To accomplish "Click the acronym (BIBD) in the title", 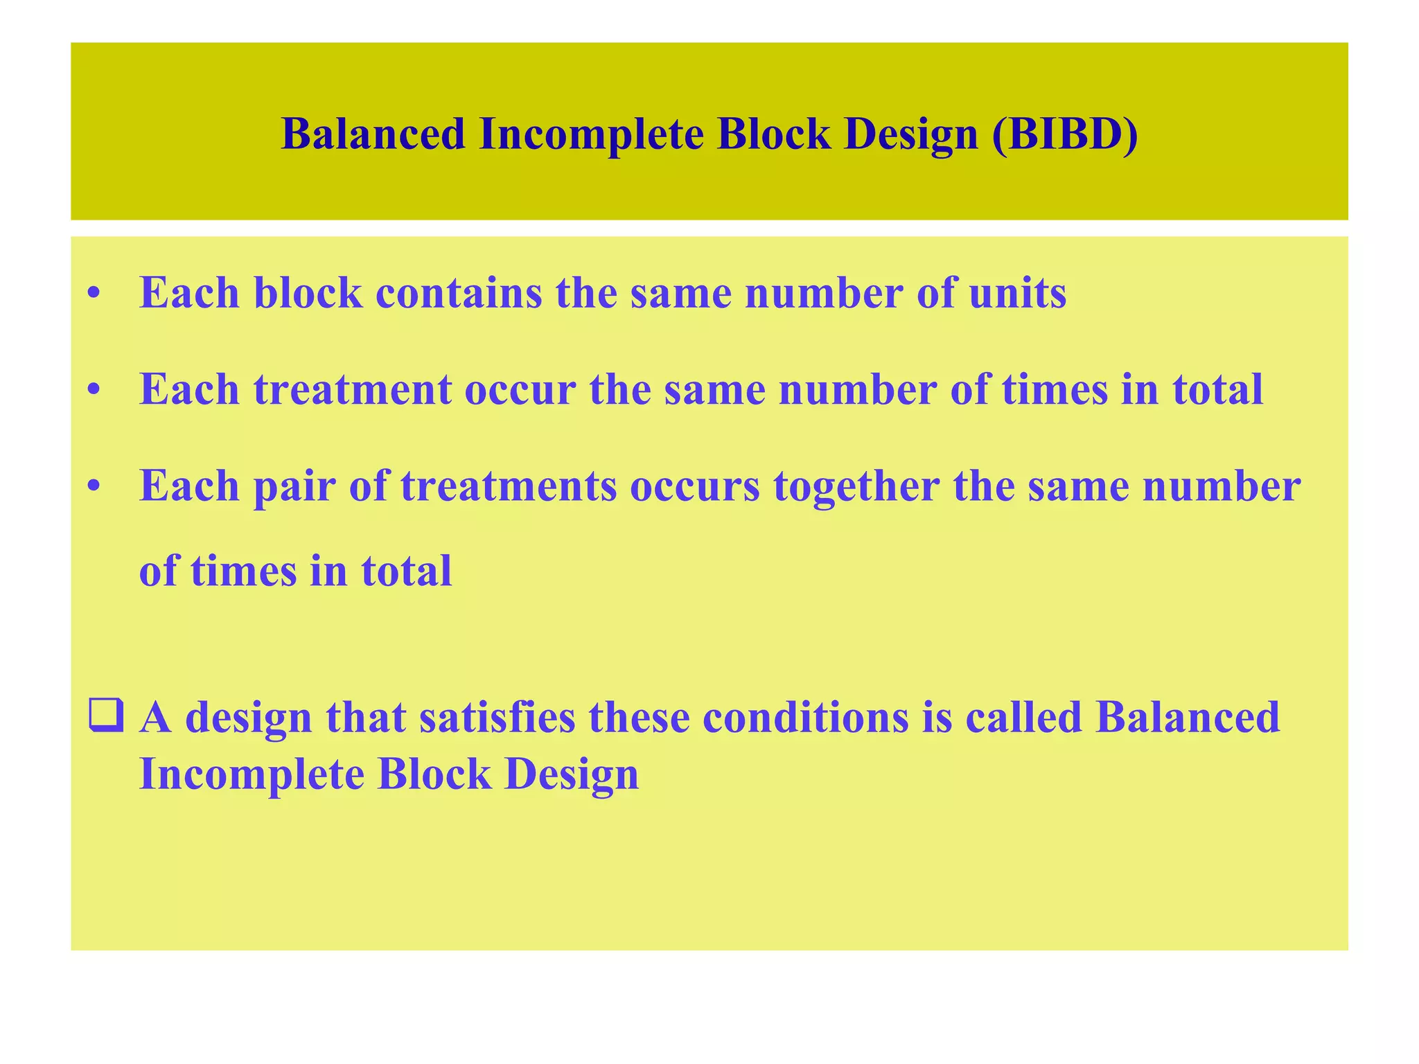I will coord(1065,134).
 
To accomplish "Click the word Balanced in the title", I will coord(373,134).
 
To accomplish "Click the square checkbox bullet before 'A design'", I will coord(106,717).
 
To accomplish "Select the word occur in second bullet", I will coord(520,390).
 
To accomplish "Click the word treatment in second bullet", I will coord(352,390).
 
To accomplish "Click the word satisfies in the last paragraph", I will coord(497,717).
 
